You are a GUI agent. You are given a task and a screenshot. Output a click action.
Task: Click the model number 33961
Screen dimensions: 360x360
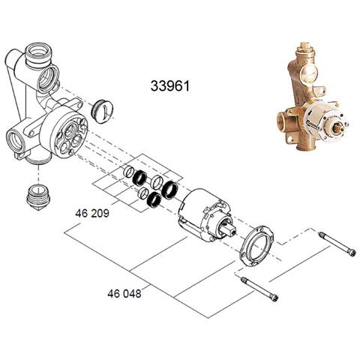173,87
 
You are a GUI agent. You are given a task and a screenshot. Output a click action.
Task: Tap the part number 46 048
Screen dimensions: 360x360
124,293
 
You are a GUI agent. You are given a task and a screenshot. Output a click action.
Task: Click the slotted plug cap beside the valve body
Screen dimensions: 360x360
103,112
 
